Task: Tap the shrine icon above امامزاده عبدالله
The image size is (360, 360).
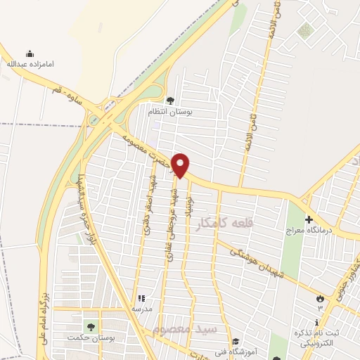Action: point(30,53)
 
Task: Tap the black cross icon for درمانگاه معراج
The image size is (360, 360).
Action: point(308,219)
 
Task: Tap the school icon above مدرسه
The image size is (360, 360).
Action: point(141,298)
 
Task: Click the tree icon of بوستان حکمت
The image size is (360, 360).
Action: point(89,326)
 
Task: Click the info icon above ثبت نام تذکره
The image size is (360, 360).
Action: point(318,321)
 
